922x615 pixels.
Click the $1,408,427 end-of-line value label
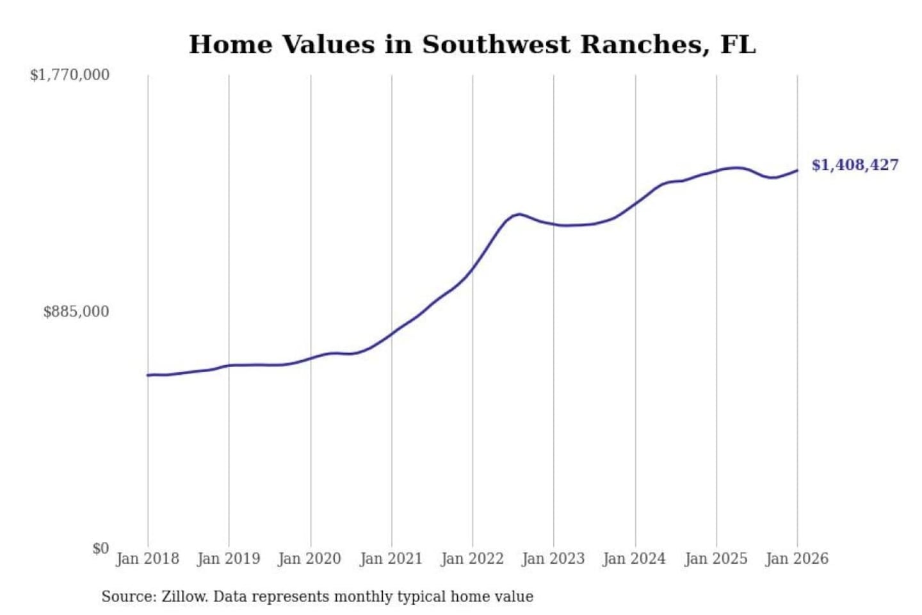click(x=855, y=165)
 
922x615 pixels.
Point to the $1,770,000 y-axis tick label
click(x=70, y=75)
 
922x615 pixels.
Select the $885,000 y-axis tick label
click(x=76, y=312)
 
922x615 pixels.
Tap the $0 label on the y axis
click(x=101, y=548)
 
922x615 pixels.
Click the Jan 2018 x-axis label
click(x=147, y=559)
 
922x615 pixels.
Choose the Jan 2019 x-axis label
click(x=229, y=559)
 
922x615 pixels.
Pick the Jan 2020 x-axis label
click(x=310, y=559)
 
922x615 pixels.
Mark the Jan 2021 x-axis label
click(x=391, y=559)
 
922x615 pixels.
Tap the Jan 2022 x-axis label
click(x=473, y=559)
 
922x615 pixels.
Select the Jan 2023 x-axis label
click(x=553, y=559)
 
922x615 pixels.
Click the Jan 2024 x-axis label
click(x=635, y=559)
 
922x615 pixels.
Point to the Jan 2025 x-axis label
click(x=716, y=559)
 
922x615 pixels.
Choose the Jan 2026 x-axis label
click(x=797, y=559)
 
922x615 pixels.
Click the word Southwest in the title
click(x=496, y=45)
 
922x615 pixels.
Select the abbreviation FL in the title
click(x=738, y=45)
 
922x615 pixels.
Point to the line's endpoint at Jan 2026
click(x=797, y=170)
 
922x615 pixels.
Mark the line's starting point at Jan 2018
click(x=148, y=375)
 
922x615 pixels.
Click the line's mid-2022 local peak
click(x=519, y=214)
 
